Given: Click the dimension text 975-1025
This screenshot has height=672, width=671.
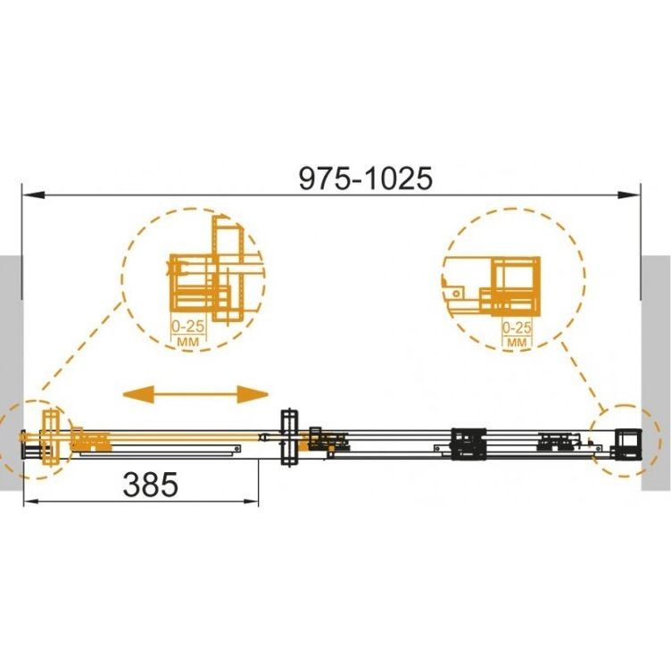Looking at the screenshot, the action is coord(366,178).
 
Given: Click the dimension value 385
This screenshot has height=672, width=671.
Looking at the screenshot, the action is coord(151,485).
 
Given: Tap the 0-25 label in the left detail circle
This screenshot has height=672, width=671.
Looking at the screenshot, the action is coord(188,327).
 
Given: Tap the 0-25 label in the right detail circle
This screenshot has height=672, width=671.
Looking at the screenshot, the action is coord(517,328).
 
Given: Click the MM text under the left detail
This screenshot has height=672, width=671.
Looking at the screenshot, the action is coord(188,342).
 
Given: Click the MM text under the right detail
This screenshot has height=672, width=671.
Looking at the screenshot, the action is coord(518,343).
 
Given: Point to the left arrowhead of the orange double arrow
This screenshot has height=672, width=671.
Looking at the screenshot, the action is coord(138,394).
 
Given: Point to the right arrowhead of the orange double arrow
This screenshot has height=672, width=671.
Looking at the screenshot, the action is coord(253,394).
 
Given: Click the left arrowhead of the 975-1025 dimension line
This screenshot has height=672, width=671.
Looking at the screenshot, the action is coord(34,195).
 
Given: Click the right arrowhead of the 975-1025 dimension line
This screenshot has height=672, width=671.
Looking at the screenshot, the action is coord(628,195).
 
